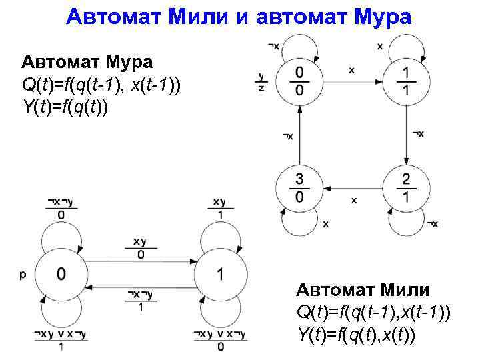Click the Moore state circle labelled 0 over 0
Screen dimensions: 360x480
tap(299, 81)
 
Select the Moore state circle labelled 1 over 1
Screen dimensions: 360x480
tap(406, 81)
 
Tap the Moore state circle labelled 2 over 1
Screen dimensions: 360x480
tap(406, 187)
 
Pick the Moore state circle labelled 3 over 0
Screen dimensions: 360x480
tap(299, 187)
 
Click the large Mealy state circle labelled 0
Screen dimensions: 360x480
tap(61, 273)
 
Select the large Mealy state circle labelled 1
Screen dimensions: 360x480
tap(220, 273)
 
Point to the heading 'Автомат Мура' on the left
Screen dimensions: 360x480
tap(87, 62)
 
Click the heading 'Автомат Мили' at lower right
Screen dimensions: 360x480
tap(363, 291)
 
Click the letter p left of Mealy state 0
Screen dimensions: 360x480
tap(23, 273)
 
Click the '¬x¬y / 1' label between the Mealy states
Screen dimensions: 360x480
tap(141, 300)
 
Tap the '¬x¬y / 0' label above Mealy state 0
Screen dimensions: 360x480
tap(61, 207)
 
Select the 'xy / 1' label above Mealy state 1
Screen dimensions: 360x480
tap(219, 207)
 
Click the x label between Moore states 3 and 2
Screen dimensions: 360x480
tap(353, 199)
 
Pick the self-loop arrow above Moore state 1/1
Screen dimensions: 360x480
tap(406, 49)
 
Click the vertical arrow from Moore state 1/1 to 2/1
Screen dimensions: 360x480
tap(406, 133)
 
